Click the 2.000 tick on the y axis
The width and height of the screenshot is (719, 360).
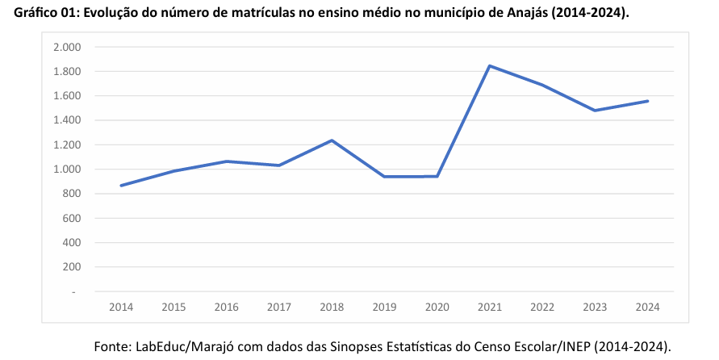pyautogui.click(x=67, y=48)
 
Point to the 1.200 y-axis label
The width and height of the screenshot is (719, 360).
pyautogui.click(x=67, y=145)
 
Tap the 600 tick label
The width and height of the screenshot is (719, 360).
pyautogui.click(x=72, y=219)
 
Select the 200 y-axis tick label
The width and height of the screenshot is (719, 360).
pyautogui.click(x=72, y=267)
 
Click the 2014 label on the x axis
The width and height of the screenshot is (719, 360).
pyautogui.click(x=121, y=307)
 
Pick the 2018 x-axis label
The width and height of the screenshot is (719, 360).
pyautogui.click(x=332, y=307)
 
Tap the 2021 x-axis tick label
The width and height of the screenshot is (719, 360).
pyautogui.click(x=490, y=307)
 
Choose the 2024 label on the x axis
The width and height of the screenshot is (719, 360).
pyautogui.click(x=648, y=307)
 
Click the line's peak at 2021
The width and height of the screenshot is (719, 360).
pyautogui.click(x=490, y=65)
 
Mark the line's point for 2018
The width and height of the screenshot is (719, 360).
pyautogui.click(x=332, y=140)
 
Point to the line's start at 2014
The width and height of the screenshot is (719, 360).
pyautogui.click(x=121, y=186)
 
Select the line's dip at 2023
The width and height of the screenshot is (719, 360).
pyautogui.click(x=595, y=111)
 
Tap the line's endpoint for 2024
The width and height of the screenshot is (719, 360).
pyautogui.click(x=648, y=101)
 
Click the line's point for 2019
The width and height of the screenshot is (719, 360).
pyautogui.click(x=384, y=176)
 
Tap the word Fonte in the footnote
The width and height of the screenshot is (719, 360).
pyautogui.click(x=114, y=346)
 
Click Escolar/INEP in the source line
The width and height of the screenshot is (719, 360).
pyautogui.click(x=554, y=346)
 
